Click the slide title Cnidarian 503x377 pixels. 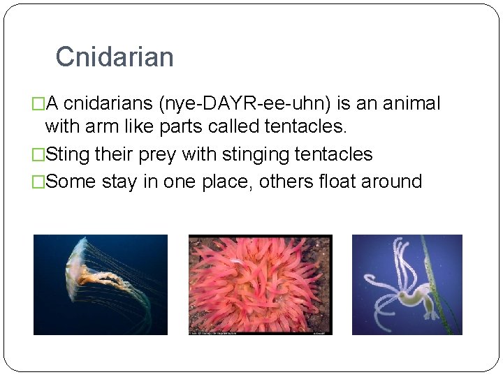(115, 57)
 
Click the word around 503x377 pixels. (395, 182)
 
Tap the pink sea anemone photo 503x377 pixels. (260, 283)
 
